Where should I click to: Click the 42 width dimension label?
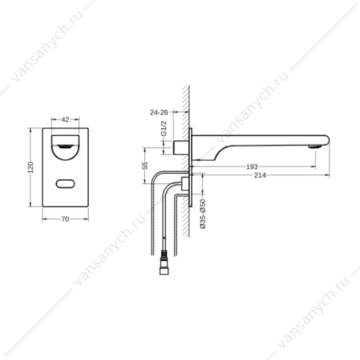pos(65,120)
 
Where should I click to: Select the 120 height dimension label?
pos(31,167)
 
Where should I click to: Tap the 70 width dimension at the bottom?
pos(65,219)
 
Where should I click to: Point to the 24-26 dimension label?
pos(159,112)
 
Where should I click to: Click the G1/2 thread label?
pos(164,129)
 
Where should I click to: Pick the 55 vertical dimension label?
pos(145,166)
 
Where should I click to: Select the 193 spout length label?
pos(252,166)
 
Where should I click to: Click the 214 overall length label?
pos(260,175)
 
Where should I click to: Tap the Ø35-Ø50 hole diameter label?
pos(203,214)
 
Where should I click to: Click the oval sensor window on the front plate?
pos(66,184)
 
